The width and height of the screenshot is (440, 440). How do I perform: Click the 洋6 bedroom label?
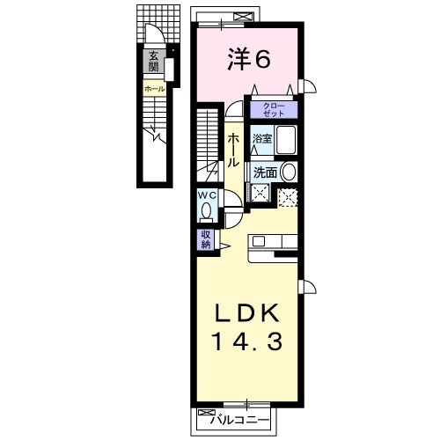coord(249,60)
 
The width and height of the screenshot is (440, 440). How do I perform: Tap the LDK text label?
coord(247,314)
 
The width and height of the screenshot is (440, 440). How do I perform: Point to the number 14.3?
coord(248,341)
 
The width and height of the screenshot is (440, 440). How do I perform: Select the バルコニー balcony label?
coord(239,421)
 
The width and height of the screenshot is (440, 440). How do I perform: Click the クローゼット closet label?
coord(274,110)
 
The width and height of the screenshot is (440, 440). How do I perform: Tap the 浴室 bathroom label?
coord(262,139)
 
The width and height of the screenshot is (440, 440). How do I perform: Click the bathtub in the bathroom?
coord(286,139)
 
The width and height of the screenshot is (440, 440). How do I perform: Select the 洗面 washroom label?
coord(265,172)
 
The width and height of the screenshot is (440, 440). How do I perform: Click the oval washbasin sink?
coord(289,172)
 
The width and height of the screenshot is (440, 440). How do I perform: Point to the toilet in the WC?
coord(207,213)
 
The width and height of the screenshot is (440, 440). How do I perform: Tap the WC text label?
coord(207,195)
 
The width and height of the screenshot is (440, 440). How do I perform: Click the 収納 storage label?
coord(206,239)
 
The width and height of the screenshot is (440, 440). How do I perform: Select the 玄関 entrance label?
coord(153,62)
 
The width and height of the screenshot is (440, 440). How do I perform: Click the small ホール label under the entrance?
coord(155,89)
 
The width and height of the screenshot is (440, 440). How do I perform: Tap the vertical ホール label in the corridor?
coord(233,150)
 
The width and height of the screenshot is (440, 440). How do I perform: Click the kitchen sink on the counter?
coord(259,241)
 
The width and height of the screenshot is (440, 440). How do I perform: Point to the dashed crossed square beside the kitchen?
coord(288,198)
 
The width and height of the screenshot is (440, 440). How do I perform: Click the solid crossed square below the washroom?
coord(260,193)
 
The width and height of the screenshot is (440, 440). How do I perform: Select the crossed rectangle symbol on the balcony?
coord(243,17)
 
